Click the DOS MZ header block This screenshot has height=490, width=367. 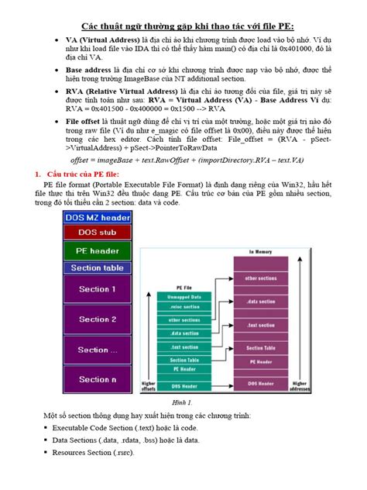pyautogui.click(x=97, y=218)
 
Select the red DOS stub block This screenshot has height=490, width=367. pyautogui.click(x=97, y=232)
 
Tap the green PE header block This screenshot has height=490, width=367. pyautogui.click(x=97, y=250)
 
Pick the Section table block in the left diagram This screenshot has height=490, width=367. pyautogui.click(x=97, y=268)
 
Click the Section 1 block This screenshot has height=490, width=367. pyautogui.click(x=97, y=289)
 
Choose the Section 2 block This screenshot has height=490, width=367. pyautogui.click(x=97, y=319)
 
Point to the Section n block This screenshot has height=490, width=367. pyautogui.click(x=97, y=379)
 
